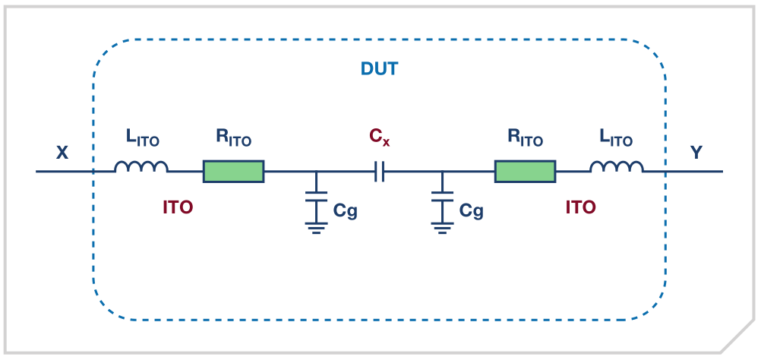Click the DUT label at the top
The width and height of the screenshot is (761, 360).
tap(379, 68)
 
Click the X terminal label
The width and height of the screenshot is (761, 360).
tap(62, 153)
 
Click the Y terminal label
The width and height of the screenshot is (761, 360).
tap(696, 153)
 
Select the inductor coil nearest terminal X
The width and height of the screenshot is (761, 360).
tap(141, 168)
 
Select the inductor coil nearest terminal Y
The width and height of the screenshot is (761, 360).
tap(617, 168)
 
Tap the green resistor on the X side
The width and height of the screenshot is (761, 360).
tap(233, 172)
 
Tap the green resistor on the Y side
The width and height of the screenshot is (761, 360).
tap(525, 172)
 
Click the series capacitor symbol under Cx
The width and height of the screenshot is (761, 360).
tap(380, 172)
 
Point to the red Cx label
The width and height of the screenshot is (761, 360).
tap(380, 137)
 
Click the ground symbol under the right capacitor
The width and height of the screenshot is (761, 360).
tap(442, 226)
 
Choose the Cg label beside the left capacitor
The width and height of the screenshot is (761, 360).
tap(345, 210)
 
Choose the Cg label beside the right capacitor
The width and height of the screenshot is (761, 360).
tap(471, 210)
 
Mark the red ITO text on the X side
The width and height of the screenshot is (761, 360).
tap(178, 207)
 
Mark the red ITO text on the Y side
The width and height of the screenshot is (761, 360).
tap(580, 207)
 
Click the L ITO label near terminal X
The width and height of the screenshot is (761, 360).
tap(142, 139)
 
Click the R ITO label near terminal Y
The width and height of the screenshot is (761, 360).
tap(525, 139)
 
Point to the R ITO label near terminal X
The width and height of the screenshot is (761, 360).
tap(233, 139)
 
